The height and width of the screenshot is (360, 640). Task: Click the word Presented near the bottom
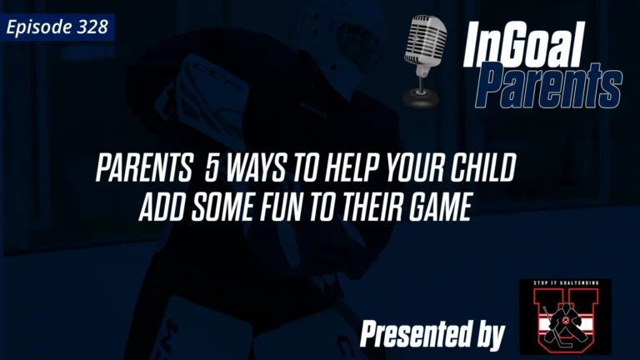click(x=411, y=335)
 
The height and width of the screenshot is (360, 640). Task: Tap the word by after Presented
click(x=488, y=336)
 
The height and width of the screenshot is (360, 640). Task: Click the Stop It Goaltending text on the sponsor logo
click(x=564, y=285)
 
